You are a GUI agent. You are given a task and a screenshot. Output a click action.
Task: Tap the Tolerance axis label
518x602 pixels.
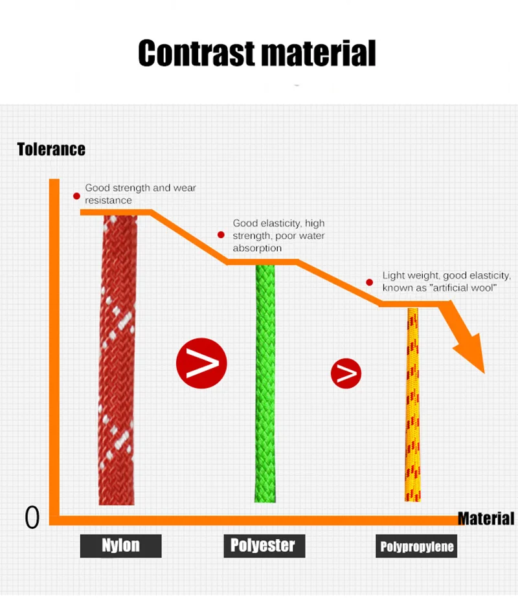[x=51, y=150]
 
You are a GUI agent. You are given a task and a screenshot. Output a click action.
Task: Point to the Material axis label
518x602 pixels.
[x=486, y=518]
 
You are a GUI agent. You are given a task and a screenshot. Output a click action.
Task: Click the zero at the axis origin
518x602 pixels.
[x=32, y=517]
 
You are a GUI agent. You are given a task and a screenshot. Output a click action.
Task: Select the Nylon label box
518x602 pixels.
[x=120, y=545]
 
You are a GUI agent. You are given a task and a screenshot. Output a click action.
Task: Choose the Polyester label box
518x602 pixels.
[x=263, y=545]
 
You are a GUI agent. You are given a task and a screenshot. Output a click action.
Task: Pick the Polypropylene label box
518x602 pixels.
[x=417, y=546]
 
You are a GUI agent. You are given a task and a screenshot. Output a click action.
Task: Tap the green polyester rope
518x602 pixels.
[x=265, y=382]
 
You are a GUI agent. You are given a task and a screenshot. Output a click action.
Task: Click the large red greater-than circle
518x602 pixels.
[x=201, y=363]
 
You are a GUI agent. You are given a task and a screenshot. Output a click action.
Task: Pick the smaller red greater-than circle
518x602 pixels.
[x=346, y=373]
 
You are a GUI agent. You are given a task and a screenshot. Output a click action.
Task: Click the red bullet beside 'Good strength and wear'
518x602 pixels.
[x=76, y=195]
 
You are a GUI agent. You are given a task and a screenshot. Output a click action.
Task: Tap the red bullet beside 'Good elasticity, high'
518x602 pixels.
[x=221, y=236]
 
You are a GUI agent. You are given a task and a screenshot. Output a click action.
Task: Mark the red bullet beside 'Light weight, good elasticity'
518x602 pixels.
[x=370, y=282]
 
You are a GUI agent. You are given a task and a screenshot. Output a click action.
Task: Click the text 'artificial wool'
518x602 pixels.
[x=464, y=287]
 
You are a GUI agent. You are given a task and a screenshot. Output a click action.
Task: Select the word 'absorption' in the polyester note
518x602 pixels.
[x=257, y=248]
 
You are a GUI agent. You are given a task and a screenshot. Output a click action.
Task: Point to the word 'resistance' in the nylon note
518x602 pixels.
[x=108, y=201]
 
